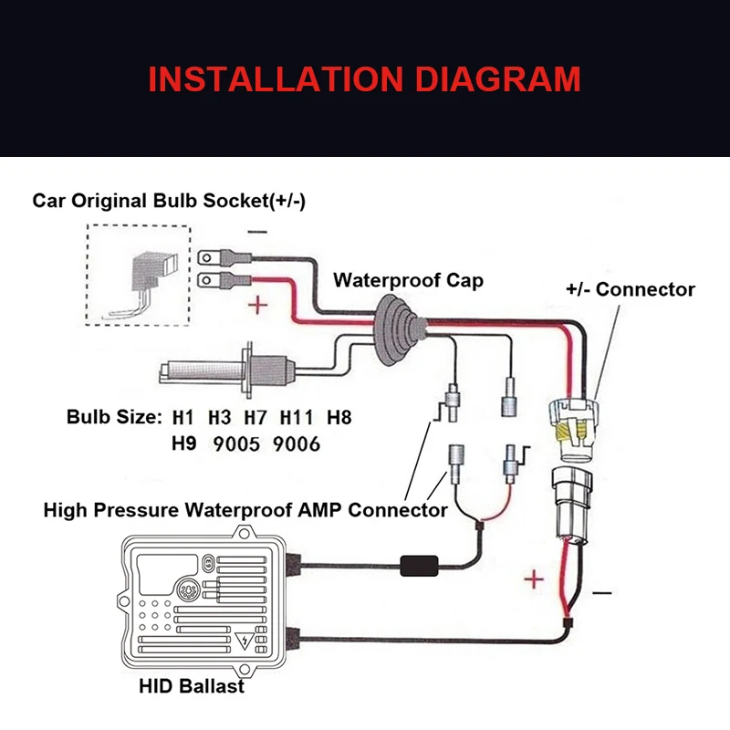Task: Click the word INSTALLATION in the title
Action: pyautogui.click(x=278, y=79)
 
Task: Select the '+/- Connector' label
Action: pyautogui.click(x=631, y=289)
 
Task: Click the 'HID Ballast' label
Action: pyautogui.click(x=193, y=685)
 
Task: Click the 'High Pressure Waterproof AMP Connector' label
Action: pyautogui.click(x=245, y=509)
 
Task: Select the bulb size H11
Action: pyautogui.click(x=297, y=418)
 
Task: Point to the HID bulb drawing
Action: pyautogui.click(x=223, y=370)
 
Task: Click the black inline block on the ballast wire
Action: pyautogui.click(x=422, y=566)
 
